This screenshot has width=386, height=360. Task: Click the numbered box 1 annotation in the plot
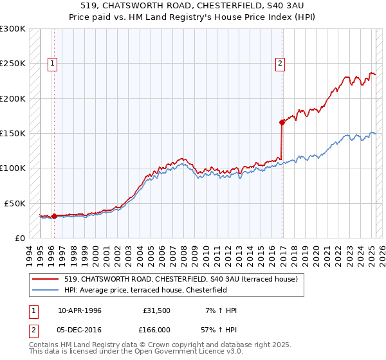pyautogui.click(x=51, y=63)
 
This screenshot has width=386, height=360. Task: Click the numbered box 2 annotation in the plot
pyautogui.click(x=280, y=63)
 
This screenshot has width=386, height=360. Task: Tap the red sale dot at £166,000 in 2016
pyautogui.click(x=282, y=122)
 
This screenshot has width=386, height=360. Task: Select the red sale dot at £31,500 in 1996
pyautogui.click(x=54, y=216)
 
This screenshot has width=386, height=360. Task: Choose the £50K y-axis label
pyautogui.click(x=15, y=203)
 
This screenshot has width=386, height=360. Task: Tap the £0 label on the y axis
pyautogui.click(x=20, y=238)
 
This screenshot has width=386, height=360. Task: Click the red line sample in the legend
pyautogui.click(x=46, y=280)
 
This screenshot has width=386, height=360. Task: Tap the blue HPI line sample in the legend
pyautogui.click(x=46, y=290)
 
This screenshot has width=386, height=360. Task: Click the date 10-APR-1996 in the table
pyautogui.click(x=80, y=310)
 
